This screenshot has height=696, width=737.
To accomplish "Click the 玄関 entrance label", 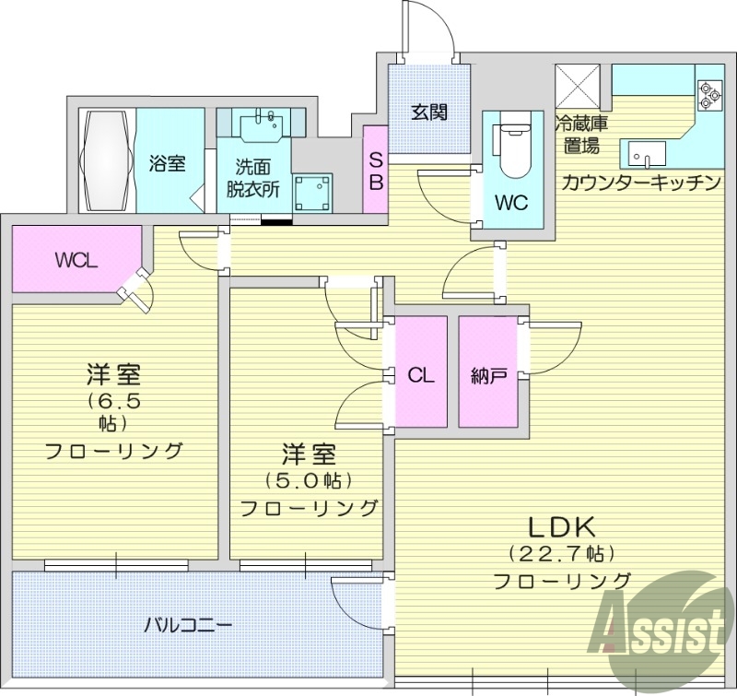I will coord(428,112).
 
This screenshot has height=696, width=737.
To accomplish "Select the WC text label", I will coord(510,203).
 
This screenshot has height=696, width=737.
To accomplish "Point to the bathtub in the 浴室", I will coord(109,161).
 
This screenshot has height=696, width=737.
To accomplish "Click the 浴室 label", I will coord(168,163).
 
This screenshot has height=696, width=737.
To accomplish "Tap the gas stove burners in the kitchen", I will coord(711,95).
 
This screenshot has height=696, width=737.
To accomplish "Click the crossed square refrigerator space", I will coord(578,88).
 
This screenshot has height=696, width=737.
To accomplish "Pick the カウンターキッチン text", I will coord(641,182).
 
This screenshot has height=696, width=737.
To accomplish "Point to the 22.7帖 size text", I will coord(562,554).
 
